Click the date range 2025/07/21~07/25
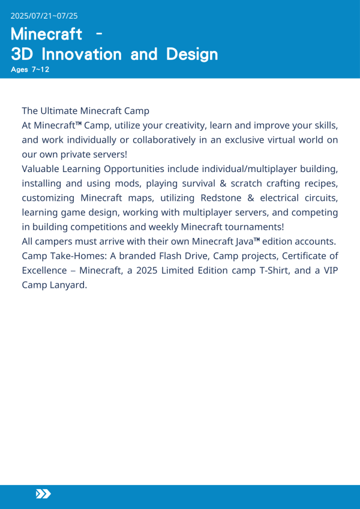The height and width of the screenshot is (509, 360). point(44,16)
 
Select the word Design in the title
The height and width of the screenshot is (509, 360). point(188,55)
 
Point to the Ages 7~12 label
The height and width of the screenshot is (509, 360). point(30,70)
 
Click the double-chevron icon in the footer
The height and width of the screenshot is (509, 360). point(43,493)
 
